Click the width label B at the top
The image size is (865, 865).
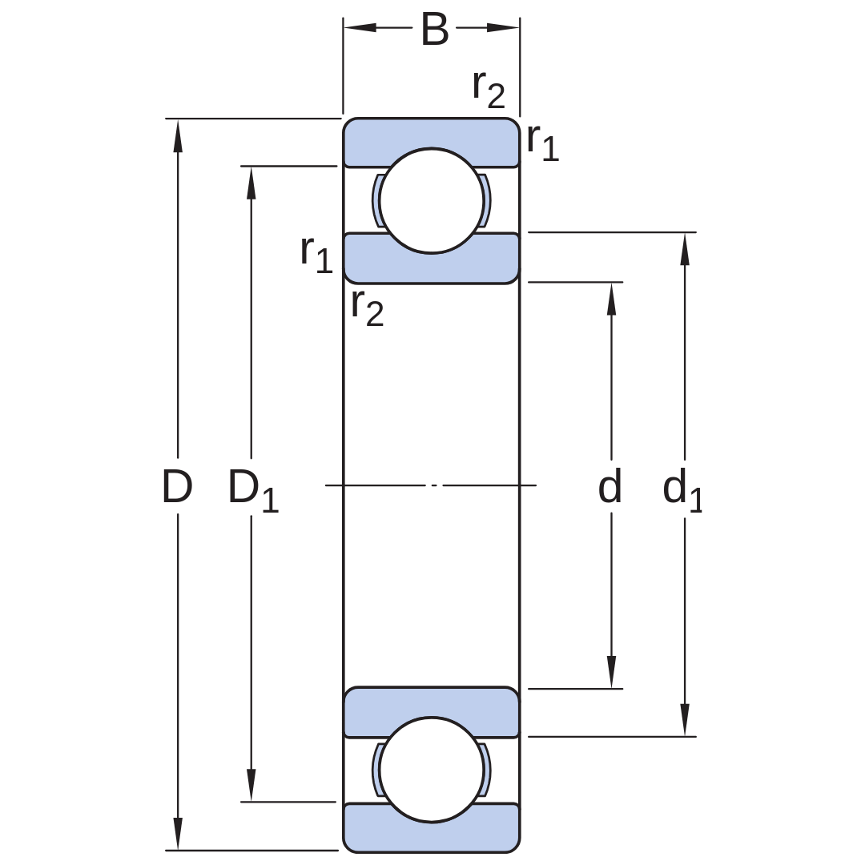coord(435,30)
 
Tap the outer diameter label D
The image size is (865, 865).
coord(177,487)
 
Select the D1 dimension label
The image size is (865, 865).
coord(253,490)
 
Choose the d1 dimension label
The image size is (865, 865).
coord(682,490)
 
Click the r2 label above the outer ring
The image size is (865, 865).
coord(489,90)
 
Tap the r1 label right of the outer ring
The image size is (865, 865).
coord(543,143)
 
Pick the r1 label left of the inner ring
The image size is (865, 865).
coord(316,255)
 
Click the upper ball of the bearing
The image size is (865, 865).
coord(432,201)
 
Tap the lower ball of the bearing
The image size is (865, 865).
coord(432,770)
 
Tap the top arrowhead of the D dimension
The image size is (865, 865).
coord(178,135)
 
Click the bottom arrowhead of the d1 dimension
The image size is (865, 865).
coord(685,720)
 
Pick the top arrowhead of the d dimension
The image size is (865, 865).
coord(611,299)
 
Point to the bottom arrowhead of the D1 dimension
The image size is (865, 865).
coord(251,785)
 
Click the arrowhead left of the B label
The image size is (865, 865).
coord(360,27)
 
